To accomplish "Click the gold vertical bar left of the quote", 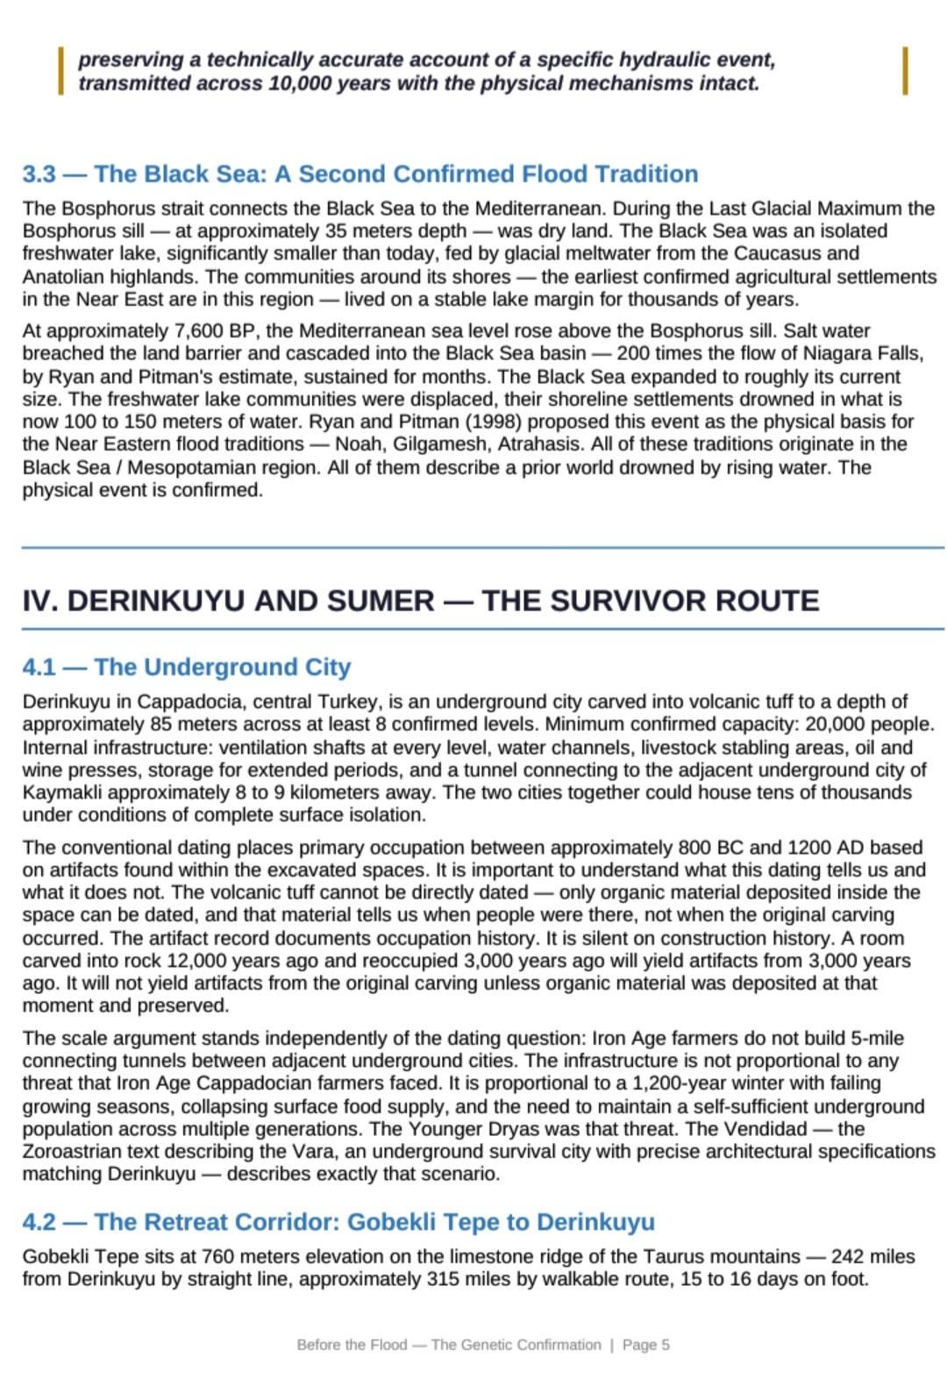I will [x=61, y=71].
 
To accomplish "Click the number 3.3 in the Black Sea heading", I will [x=39, y=174].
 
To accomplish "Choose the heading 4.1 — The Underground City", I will [x=187, y=667].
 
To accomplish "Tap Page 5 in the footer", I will [x=646, y=1345].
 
